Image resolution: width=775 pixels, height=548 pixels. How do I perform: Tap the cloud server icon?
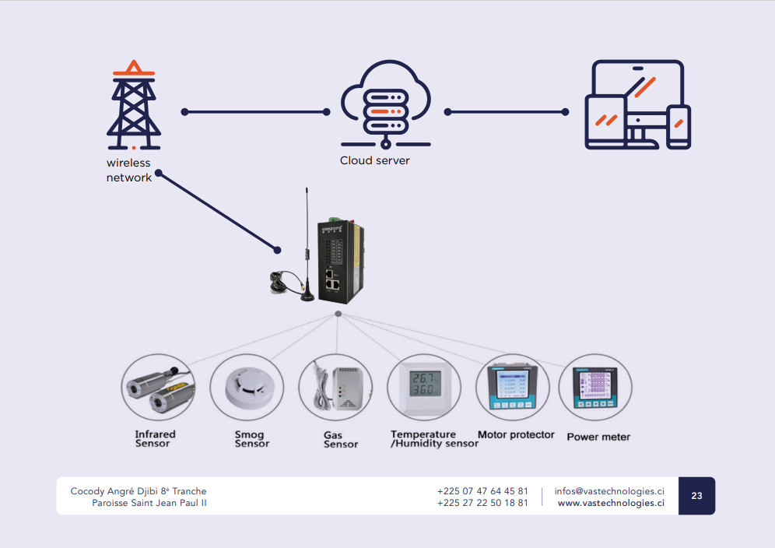[385, 103]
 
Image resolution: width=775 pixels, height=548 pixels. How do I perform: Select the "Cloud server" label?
[374, 161]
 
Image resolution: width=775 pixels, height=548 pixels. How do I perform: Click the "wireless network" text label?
[129, 170]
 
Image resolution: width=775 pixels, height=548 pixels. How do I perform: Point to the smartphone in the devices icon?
[679, 126]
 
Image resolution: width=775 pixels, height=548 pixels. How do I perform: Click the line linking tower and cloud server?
[256, 112]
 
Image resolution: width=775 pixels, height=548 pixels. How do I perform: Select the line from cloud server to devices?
[507, 112]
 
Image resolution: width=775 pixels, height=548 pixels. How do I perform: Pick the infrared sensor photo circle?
[158, 388]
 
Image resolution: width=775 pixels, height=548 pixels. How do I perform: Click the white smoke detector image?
[247, 388]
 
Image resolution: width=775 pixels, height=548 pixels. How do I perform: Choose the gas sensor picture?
[335, 388]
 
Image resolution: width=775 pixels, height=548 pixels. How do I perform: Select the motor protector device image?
[512, 388]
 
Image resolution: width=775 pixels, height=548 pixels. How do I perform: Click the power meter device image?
[595, 388]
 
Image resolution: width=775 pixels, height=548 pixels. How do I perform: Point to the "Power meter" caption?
[598, 437]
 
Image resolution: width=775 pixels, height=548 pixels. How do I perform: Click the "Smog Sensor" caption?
[252, 439]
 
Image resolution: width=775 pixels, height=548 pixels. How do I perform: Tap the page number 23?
[696, 496]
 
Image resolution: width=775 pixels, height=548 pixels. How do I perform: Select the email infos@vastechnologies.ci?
[609, 491]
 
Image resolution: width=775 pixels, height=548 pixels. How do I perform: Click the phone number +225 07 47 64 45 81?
[482, 491]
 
